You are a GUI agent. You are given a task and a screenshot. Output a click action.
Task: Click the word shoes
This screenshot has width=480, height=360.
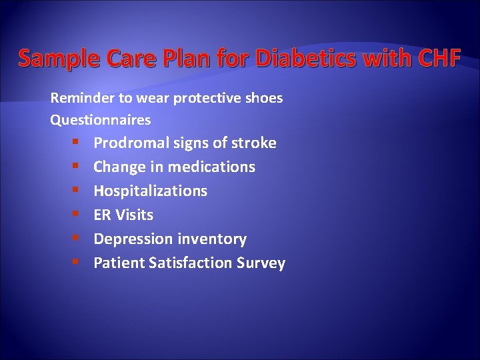[x=264, y=98]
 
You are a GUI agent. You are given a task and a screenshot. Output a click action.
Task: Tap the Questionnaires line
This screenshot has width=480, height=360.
[x=101, y=121]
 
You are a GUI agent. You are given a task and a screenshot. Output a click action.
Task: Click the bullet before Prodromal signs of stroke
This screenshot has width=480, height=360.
[x=78, y=143]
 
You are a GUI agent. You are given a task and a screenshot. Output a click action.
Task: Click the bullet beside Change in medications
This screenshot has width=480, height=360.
[x=78, y=167]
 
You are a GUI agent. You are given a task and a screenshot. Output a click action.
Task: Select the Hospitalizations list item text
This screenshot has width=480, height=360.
[x=150, y=191]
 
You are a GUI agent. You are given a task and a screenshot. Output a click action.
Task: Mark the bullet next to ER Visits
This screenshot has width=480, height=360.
[x=78, y=215]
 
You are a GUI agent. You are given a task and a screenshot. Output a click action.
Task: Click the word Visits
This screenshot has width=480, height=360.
[x=134, y=215]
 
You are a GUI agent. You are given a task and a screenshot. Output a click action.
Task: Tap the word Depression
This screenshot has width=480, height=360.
[x=131, y=239]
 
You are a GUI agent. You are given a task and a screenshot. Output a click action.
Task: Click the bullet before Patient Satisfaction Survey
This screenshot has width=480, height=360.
[x=78, y=263]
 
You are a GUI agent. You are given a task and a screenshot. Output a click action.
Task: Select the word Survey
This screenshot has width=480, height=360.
[x=261, y=263]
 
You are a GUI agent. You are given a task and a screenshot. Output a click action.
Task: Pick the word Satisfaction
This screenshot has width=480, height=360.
[x=191, y=263]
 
